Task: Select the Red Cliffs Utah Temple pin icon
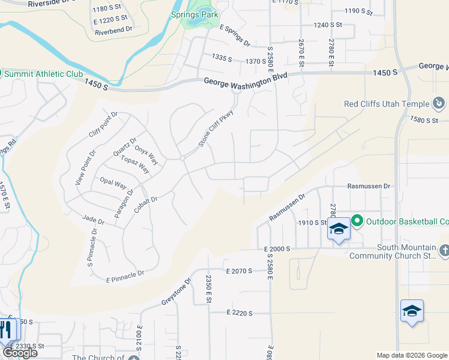coord(438,103)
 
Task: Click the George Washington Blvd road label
coord(246,81)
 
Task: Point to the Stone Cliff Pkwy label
coord(215,128)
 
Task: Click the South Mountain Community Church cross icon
coord(443,250)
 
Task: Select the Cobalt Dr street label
coord(146,203)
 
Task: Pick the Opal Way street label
coord(113,184)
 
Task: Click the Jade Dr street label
coord(93,222)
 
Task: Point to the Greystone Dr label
coord(176,292)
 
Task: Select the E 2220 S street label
coord(240,313)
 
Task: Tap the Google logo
coord(20,353)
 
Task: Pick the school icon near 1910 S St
coord(339,230)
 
